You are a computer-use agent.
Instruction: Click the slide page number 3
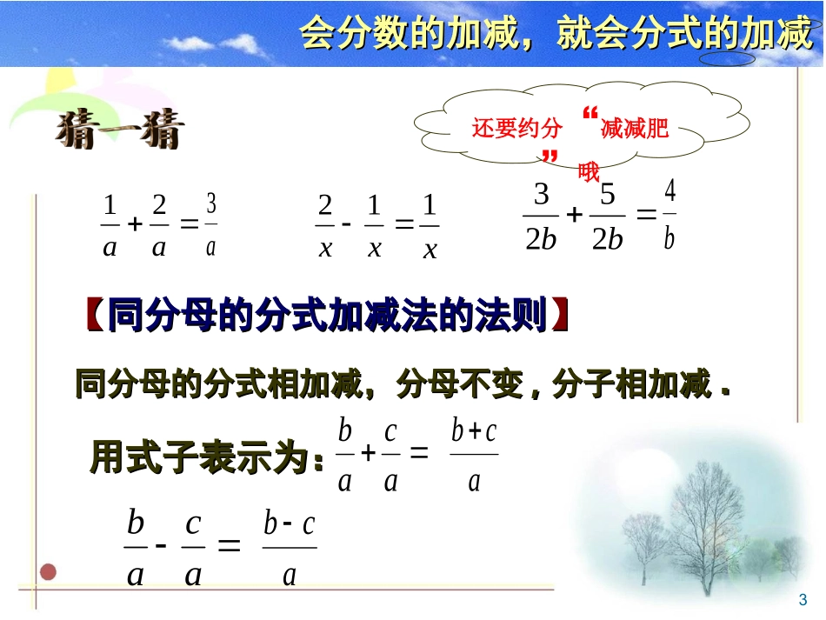click(803, 599)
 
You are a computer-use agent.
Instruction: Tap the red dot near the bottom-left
click(50, 571)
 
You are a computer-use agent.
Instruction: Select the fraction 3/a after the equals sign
click(210, 225)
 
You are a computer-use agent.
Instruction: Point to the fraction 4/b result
click(669, 215)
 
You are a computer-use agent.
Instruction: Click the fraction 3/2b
click(541, 217)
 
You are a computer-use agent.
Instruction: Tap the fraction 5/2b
click(608, 217)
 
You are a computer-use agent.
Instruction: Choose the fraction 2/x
click(325, 227)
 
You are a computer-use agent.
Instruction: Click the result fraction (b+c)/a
click(474, 455)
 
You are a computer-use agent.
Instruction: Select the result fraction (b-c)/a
click(290, 548)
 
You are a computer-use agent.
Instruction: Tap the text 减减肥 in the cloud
click(635, 129)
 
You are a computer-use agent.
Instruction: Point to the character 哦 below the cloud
click(590, 171)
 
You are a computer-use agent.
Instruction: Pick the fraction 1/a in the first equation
click(110, 227)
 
